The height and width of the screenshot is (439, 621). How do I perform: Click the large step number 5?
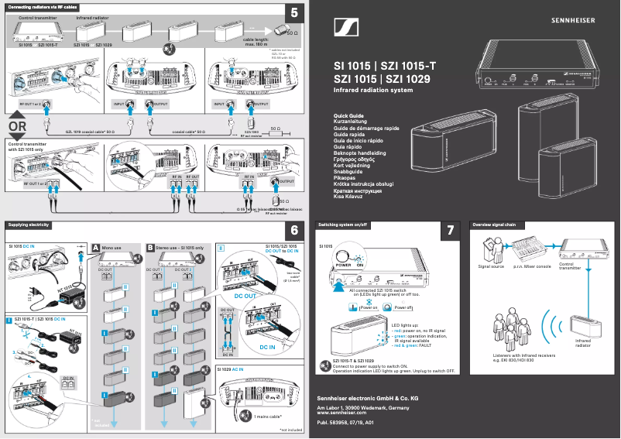(294, 12)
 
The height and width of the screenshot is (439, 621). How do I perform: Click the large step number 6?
(294, 230)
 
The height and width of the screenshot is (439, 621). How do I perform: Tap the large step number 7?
(451, 231)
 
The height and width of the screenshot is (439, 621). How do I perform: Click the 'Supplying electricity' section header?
(29, 225)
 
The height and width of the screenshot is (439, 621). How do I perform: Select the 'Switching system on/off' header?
(344, 225)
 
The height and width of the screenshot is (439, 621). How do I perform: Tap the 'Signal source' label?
(491, 266)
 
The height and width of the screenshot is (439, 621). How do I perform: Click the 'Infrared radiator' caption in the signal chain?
(582, 342)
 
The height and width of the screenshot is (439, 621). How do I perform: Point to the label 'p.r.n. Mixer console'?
(533, 266)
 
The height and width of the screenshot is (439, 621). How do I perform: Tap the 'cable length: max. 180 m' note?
(260, 41)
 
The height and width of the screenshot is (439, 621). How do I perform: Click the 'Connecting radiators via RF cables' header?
(43, 6)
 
